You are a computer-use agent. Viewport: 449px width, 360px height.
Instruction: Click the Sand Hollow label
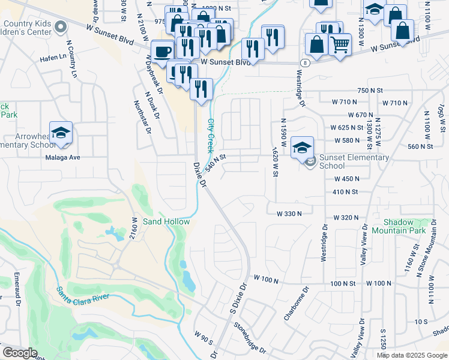[166, 221]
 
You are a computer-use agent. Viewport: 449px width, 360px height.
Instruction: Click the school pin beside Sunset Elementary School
[302, 146]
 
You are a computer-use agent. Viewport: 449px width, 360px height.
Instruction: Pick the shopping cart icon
[340, 44]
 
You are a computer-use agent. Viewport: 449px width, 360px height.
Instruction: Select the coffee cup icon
[161, 52]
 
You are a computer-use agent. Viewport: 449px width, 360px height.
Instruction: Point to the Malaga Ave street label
[62, 158]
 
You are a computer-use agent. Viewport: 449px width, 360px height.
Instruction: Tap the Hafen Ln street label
[53, 58]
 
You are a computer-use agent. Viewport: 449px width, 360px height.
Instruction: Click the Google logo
[20, 352]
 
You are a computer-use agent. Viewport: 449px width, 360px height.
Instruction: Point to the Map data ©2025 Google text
[412, 355]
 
